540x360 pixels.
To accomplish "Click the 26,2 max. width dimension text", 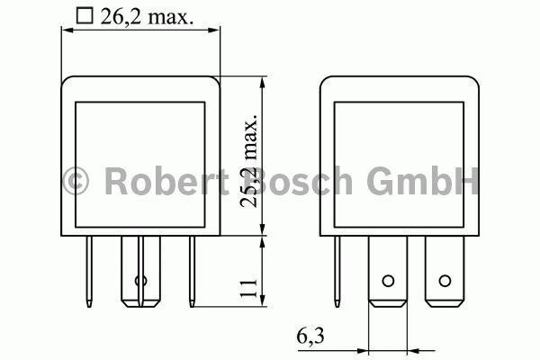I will point(149,15).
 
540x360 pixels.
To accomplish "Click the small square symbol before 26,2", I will point(85,15).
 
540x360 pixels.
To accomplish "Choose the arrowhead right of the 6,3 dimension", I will point(412,348).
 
